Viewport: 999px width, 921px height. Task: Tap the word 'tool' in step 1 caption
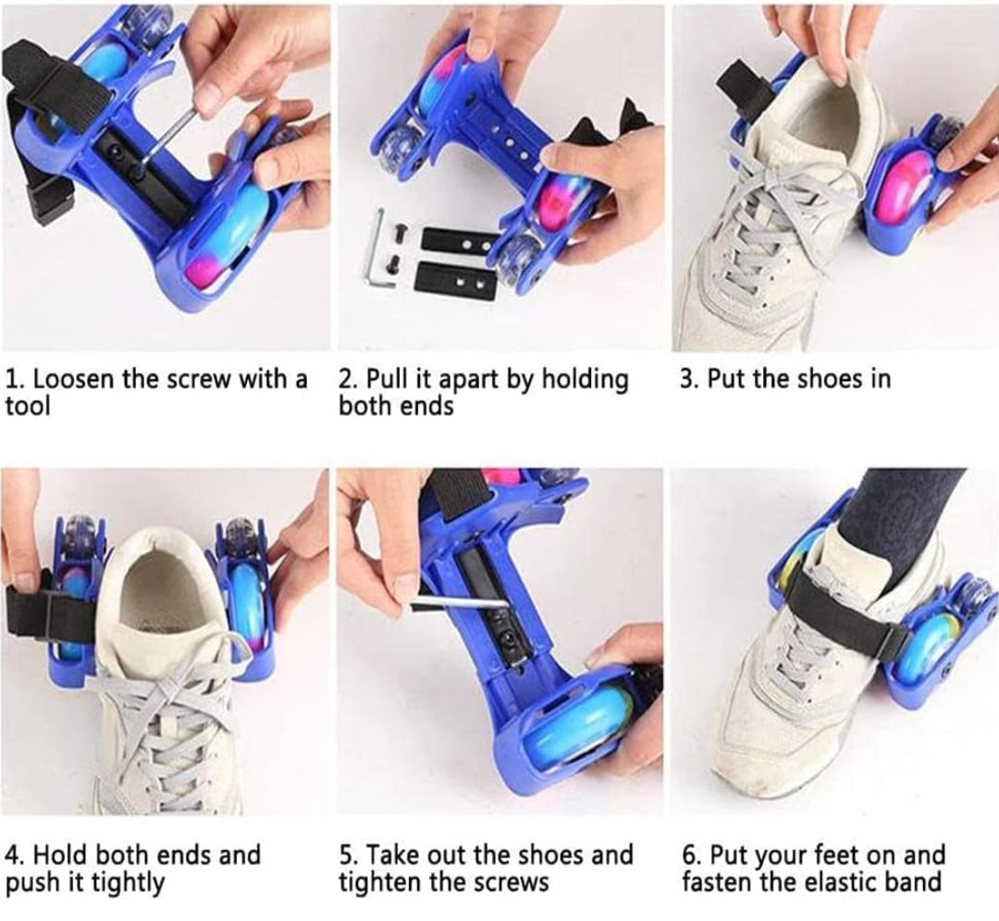28,406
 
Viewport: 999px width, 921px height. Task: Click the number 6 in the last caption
688,855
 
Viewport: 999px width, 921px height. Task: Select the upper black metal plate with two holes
460,242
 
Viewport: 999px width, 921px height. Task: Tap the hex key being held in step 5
458,604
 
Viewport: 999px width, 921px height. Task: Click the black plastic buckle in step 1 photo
52,203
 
